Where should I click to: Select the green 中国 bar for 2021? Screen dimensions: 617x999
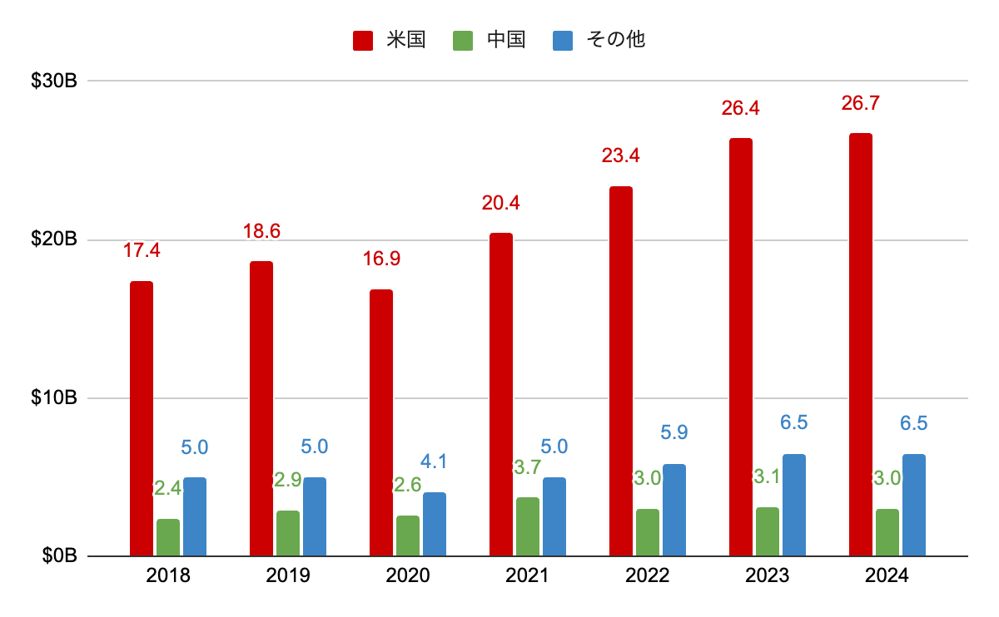point(528,526)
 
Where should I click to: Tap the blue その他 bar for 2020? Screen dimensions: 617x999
point(435,524)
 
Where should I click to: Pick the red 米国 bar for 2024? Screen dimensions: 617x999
point(861,344)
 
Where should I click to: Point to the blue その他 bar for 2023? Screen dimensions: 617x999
point(794,505)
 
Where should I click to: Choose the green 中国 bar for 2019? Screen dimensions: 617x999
point(288,533)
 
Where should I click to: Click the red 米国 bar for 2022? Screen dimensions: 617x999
point(621,371)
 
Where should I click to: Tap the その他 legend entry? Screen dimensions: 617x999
point(599,40)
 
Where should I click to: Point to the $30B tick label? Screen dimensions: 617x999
point(54,81)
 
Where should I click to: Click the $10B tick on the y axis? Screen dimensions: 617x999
point(54,398)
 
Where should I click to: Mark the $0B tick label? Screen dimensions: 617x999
point(59,556)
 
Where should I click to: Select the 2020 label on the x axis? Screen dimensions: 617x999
point(408,575)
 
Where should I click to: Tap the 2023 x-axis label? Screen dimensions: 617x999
point(768,575)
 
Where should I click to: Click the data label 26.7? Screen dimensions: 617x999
point(861,104)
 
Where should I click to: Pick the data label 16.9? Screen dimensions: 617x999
point(381,259)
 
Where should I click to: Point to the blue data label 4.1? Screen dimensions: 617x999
point(435,462)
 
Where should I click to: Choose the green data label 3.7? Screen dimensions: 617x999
point(528,468)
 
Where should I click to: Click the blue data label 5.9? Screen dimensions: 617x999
point(674,432)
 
